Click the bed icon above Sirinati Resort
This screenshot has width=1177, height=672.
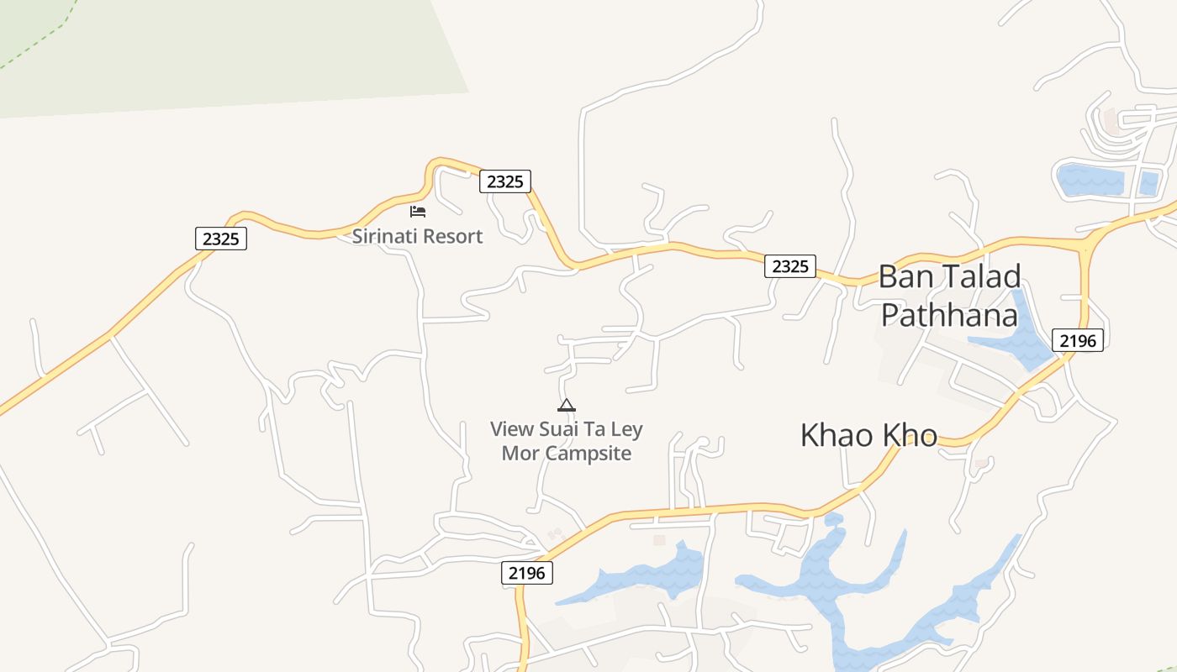(418, 211)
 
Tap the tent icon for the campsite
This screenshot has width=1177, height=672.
(567, 405)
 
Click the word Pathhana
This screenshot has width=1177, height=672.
(949, 316)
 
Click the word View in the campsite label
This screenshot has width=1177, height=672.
(512, 429)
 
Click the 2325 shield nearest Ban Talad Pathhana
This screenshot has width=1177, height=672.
(790, 266)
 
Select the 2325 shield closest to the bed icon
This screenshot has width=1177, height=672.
(505, 181)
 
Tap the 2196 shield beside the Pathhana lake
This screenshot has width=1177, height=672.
(1077, 340)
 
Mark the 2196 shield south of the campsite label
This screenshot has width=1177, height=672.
(527, 573)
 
